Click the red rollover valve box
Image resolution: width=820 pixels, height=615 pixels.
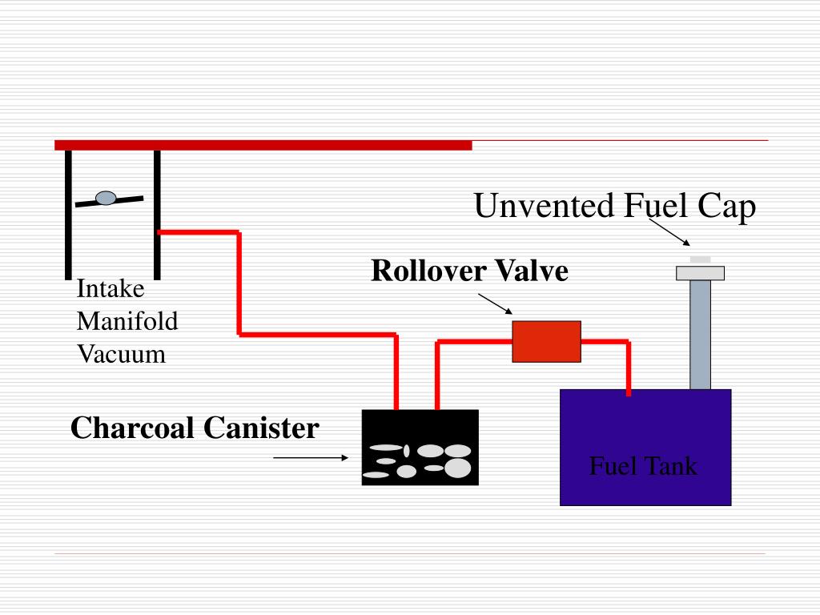(x=546, y=341)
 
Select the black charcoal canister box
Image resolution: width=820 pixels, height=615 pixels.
(x=420, y=447)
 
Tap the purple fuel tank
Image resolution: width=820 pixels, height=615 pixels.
(x=645, y=447)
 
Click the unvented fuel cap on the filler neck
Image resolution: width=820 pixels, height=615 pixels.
(x=700, y=271)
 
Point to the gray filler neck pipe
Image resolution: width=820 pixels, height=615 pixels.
(x=700, y=335)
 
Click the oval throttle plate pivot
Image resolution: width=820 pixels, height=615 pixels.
(x=106, y=199)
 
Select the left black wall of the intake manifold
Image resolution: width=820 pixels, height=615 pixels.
(x=68, y=215)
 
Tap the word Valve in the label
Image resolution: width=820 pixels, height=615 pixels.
(x=532, y=271)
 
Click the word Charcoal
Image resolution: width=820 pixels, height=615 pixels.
(x=132, y=428)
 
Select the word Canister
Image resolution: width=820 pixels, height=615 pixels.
(x=261, y=428)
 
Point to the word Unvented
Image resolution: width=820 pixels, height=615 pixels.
(x=544, y=205)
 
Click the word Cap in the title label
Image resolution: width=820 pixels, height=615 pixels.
(x=727, y=207)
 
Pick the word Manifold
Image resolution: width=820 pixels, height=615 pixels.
(x=127, y=321)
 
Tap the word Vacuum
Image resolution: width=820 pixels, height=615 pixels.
(x=122, y=354)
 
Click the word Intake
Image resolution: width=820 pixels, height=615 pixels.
(x=111, y=288)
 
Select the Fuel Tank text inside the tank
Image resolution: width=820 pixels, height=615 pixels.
(x=643, y=466)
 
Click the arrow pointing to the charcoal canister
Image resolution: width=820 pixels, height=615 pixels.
(x=311, y=457)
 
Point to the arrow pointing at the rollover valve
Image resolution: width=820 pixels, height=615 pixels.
(x=495, y=303)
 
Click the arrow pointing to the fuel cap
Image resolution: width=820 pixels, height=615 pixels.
(x=669, y=232)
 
